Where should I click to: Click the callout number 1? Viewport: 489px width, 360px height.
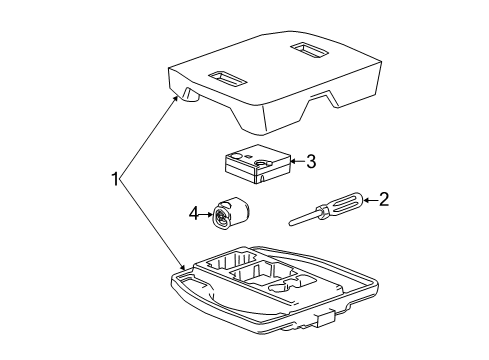click(x=117, y=180)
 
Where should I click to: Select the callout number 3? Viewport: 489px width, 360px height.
click(x=310, y=160)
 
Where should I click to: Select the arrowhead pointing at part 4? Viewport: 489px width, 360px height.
click(x=211, y=213)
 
